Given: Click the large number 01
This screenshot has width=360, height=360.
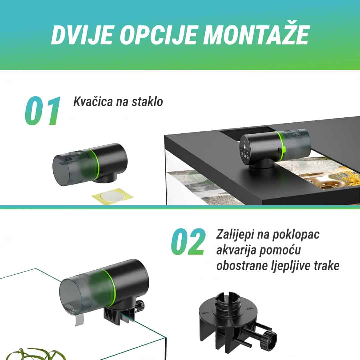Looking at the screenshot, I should point(43,111).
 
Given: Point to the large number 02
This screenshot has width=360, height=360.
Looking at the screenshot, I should point(188,242).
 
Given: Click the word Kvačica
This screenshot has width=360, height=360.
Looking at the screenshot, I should point(93,101).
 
